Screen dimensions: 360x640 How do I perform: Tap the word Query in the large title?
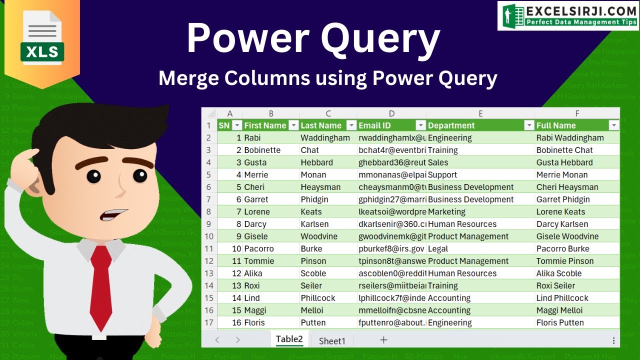[380, 39]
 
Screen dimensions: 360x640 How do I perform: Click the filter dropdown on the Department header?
[528, 125]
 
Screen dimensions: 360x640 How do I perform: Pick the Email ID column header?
[374, 125]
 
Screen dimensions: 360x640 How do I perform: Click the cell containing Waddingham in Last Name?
[325, 138]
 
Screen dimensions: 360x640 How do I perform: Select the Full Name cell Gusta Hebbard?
[564, 162]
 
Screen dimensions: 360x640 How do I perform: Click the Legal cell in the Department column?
[438, 248]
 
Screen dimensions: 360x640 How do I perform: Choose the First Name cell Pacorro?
[259, 248]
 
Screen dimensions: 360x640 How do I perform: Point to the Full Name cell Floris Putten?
[560, 322]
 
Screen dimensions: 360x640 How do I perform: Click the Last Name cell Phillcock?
[318, 298]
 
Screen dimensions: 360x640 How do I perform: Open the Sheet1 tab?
[332, 341]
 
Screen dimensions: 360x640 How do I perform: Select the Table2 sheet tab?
[289, 339]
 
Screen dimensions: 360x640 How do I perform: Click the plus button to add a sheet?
[383, 340]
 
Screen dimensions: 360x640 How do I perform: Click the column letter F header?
[577, 114]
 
